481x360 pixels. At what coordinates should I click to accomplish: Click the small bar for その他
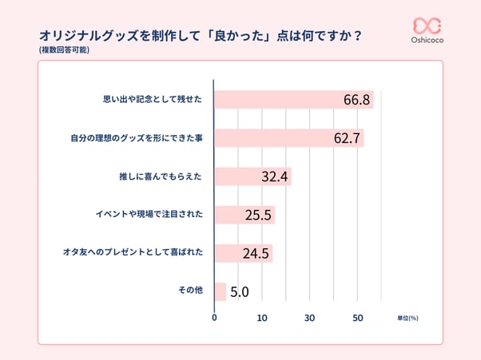(221, 291)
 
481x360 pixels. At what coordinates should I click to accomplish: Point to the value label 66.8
(356, 100)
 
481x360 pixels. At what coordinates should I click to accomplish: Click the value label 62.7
(348, 139)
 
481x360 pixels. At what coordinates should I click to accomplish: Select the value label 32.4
(276, 177)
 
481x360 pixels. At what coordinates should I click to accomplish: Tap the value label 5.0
(240, 292)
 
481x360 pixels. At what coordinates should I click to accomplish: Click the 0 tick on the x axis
(214, 318)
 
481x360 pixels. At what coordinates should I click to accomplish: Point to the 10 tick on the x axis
(262, 318)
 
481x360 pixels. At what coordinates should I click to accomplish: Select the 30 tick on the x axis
(310, 318)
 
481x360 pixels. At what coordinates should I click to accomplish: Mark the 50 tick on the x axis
(358, 318)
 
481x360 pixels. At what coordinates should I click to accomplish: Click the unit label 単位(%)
(407, 318)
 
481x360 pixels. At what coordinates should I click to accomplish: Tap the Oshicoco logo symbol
(427, 26)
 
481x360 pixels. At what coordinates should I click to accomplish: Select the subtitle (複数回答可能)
(63, 50)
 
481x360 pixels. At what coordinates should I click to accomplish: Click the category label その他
(189, 291)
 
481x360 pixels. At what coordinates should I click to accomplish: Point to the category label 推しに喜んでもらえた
(160, 176)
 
